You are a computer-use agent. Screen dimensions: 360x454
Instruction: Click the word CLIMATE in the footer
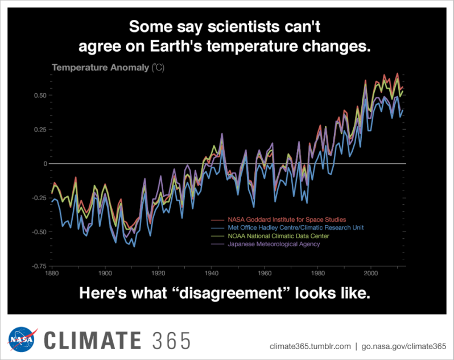(92, 340)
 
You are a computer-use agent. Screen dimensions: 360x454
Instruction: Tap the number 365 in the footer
(171, 340)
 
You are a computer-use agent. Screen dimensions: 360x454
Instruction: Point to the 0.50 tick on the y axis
(38, 96)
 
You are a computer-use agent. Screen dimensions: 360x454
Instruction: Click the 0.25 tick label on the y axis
(38, 130)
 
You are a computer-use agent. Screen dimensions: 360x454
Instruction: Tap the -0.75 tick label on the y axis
(37, 266)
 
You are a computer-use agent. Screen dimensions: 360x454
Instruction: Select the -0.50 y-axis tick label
(37, 232)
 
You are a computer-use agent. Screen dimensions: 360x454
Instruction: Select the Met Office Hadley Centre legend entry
(295, 227)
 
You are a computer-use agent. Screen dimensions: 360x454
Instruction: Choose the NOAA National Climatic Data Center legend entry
(278, 235)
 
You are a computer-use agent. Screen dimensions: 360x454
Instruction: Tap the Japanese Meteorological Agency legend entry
(274, 244)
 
